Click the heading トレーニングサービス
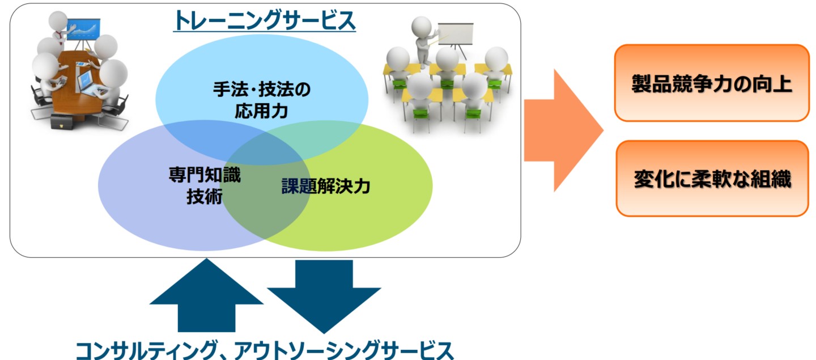[x=265, y=20]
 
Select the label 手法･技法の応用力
[x=262, y=100]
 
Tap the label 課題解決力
[x=326, y=186]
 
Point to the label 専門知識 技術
[x=205, y=185]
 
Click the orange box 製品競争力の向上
[x=712, y=83]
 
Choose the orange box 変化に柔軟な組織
[x=712, y=179]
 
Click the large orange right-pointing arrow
[x=563, y=130]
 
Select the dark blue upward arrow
[x=206, y=295]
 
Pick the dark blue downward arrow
[x=324, y=297]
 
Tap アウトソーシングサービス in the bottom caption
[x=343, y=350]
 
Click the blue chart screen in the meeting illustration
[x=83, y=29]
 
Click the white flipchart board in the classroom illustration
[x=456, y=34]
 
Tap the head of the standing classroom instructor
[x=422, y=26]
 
